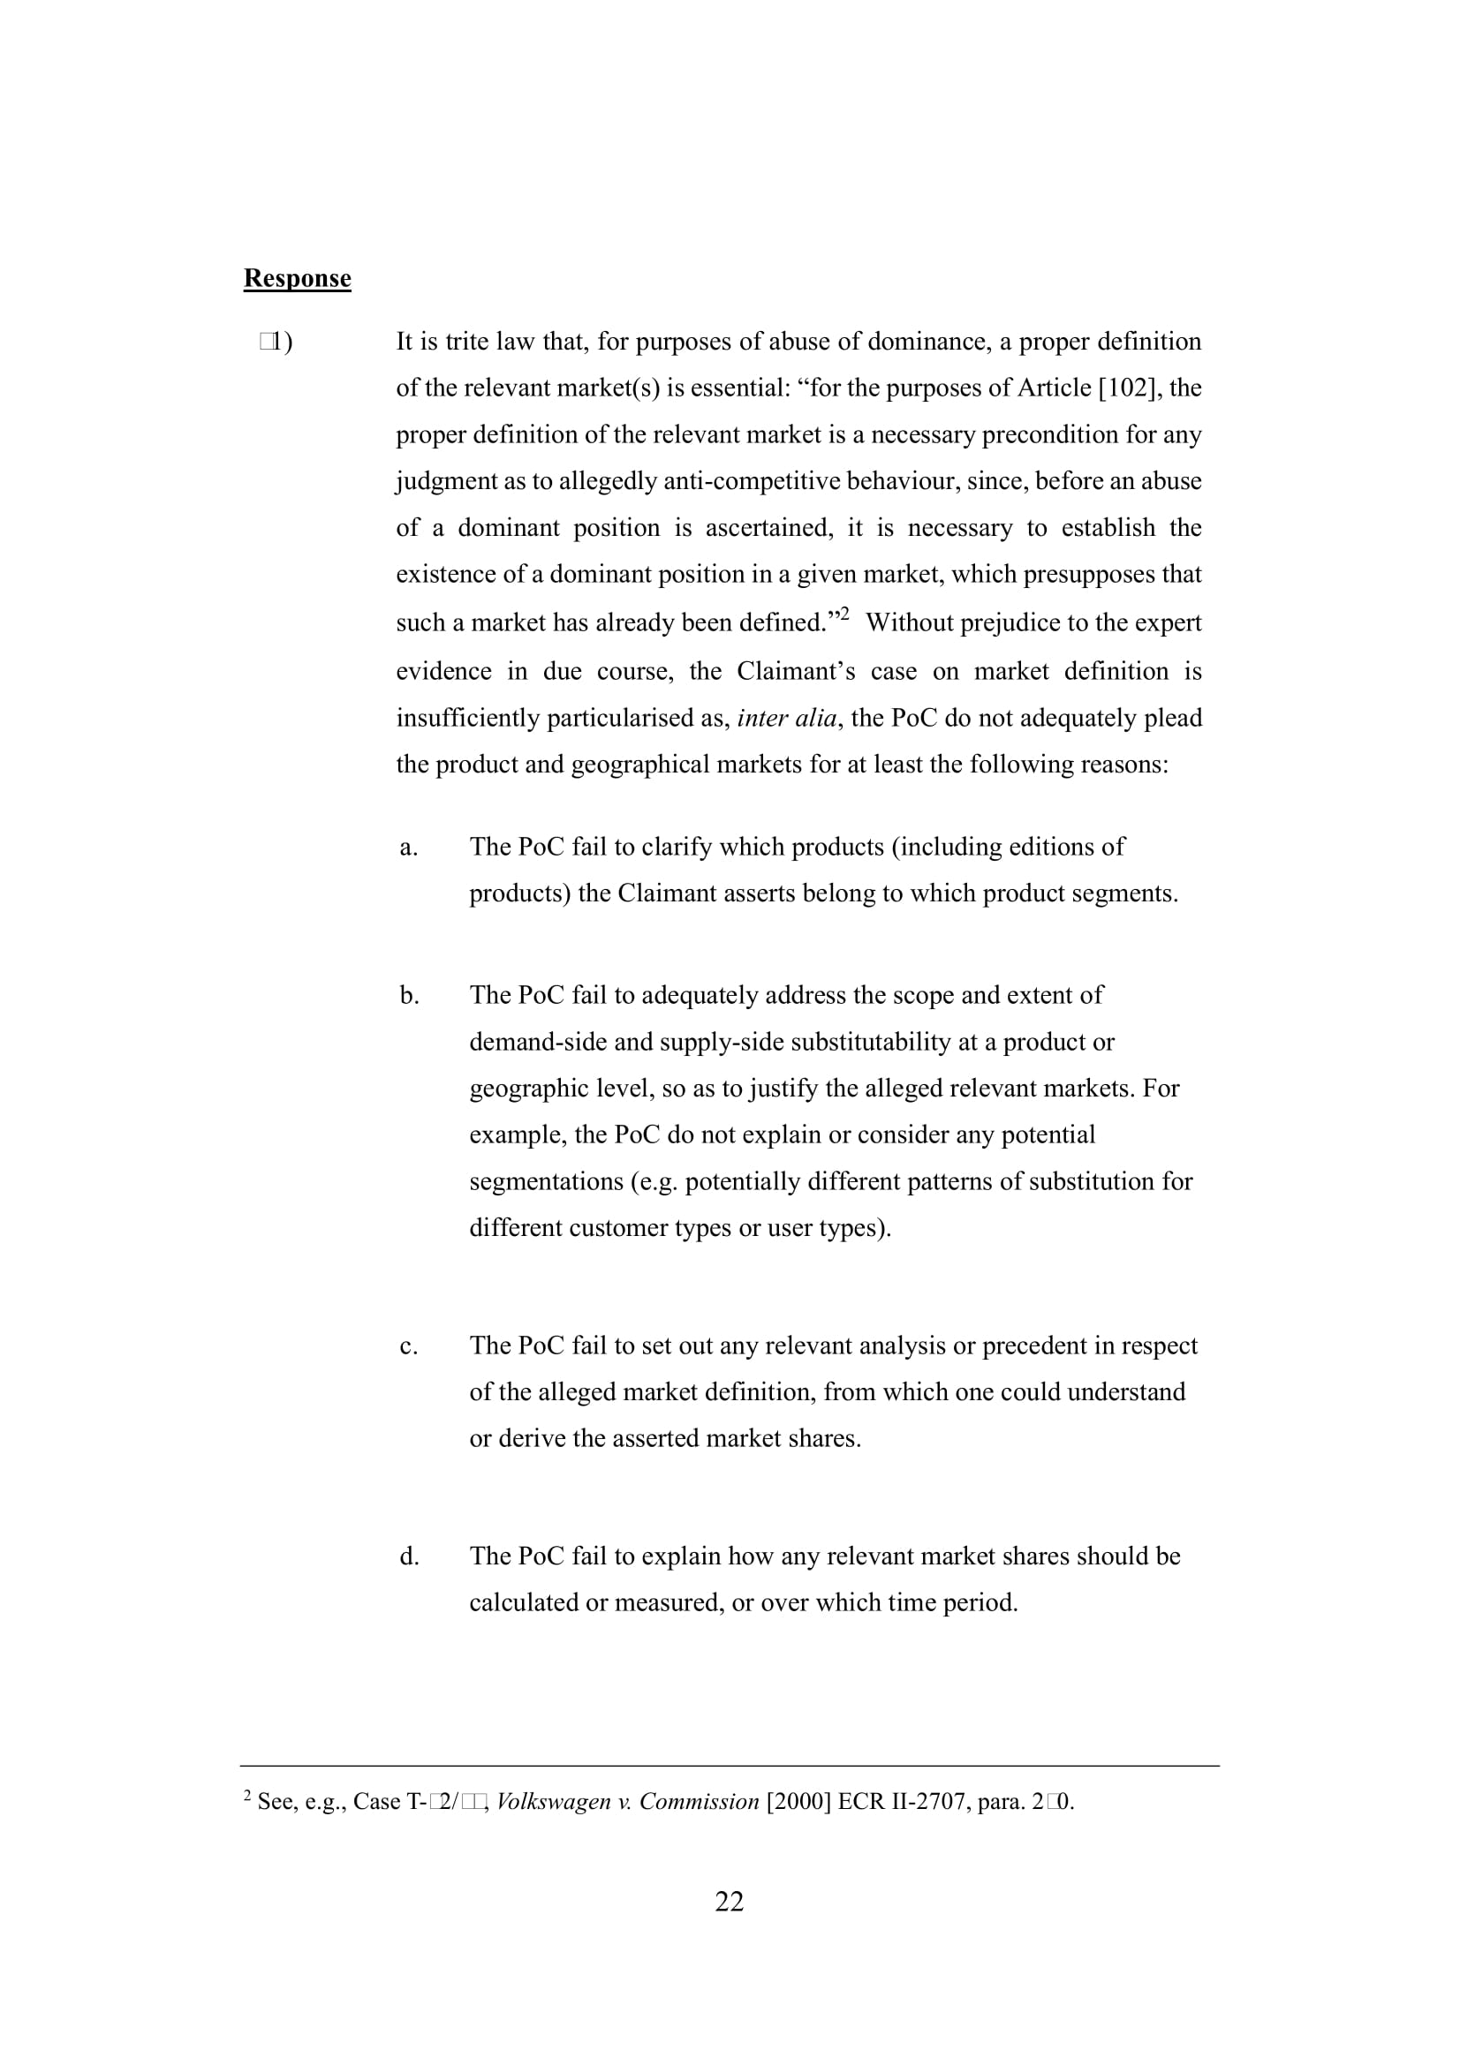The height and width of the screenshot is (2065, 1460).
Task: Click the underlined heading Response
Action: pos(297,278)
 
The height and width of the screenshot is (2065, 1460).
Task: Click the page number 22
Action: pos(729,1901)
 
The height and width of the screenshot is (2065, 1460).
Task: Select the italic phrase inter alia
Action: pos(786,718)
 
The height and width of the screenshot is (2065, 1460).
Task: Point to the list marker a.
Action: pos(408,848)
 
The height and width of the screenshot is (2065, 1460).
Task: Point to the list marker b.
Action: pos(409,996)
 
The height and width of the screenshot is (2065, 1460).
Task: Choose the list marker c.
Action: pos(408,1345)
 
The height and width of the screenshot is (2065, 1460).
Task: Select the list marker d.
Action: pos(409,1556)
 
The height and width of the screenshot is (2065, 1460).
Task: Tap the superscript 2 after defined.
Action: pos(843,614)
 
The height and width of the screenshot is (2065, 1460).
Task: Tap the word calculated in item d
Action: pos(524,1602)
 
